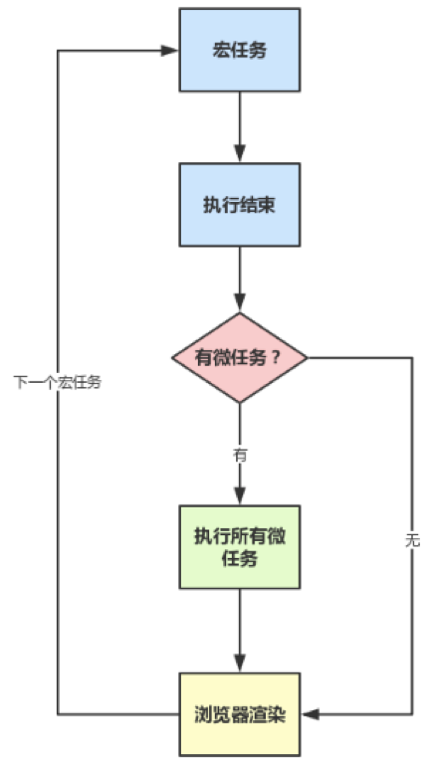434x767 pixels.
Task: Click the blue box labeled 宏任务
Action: click(239, 50)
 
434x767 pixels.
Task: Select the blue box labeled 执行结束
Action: click(239, 205)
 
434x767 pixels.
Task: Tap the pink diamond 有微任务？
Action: click(239, 358)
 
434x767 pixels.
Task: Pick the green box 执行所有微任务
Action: click(239, 547)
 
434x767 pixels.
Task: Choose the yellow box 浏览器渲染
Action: click(239, 714)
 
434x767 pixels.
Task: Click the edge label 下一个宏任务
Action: click(58, 382)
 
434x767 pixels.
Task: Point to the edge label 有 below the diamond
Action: click(240, 456)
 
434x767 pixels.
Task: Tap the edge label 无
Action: click(412, 540)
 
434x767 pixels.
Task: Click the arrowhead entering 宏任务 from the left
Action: click(170, 51)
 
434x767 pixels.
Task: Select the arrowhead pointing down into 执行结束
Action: click(240, 154)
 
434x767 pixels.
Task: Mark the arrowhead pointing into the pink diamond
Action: click(240, 304)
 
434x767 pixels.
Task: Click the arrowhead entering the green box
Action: click(240, 496)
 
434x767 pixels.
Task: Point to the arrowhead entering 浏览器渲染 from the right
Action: click(310, 714)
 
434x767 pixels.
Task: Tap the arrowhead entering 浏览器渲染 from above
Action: click(240, 664)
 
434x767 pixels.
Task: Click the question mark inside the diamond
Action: click(276, 358)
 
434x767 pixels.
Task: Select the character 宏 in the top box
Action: click(221, 50)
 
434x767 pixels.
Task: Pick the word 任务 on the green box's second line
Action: click(240, 559)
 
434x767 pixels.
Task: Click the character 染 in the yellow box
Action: click(277, 714)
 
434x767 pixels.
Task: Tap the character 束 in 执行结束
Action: click(267, 205)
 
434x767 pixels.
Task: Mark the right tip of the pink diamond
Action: click(308, 358)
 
